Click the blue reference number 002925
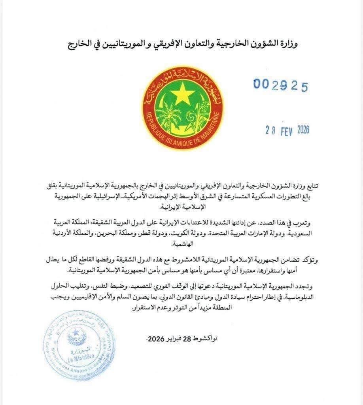[x=280, y=85]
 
